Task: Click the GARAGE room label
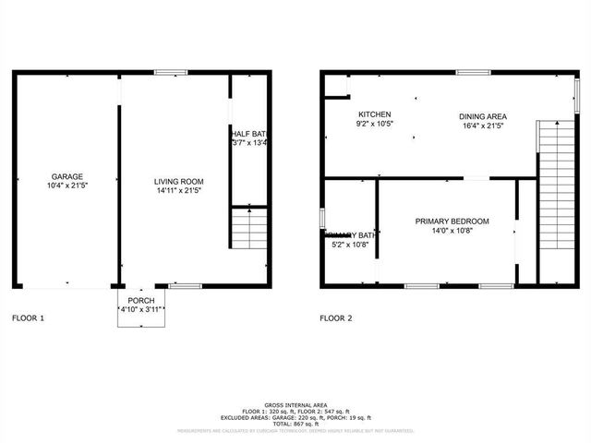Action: [x=67, y=175]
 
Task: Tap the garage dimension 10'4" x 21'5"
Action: [x=67, y=186]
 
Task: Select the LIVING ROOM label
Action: [x=178, y=181]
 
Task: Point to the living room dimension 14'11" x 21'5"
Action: [x=178, y=191]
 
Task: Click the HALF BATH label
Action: [x=248, y=134]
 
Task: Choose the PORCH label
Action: [x=141, y=301]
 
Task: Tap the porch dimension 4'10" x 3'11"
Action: [x=141, y=310]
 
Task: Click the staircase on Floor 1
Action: [x=247, y=228]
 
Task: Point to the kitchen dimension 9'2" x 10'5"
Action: [x=375, y=124]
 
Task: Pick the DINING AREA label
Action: [x=483, y=116]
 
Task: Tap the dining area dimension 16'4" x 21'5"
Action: [x=483, y=126]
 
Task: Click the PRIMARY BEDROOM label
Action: [x=452, y=221]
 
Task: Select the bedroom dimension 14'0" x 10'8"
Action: [x=452, y=232]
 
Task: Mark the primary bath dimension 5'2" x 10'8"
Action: [x=350, y=245]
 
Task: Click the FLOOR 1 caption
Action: [x=28, y=318]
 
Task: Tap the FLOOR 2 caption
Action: [x=336, y=318]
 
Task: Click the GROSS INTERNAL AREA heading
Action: [x=295, y=405]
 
